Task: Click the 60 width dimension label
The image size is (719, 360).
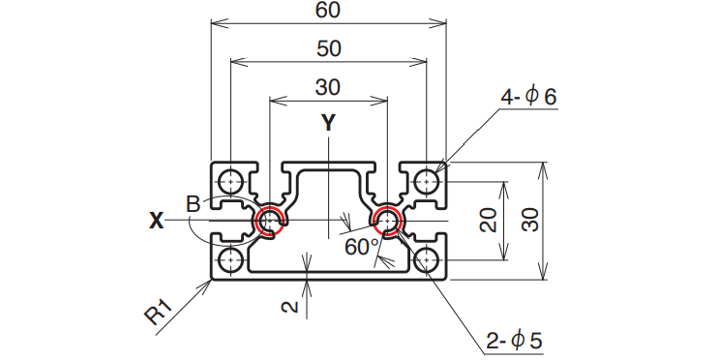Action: click(x=328, y=10)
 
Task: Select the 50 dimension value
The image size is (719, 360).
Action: click(x=329, y=48)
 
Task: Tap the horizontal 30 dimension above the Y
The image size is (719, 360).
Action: click(x=328, y=87)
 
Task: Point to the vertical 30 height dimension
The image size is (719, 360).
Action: click(x=530, y=220)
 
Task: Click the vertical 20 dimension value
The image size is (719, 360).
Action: click(x=488, y=220)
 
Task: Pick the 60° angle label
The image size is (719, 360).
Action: click(x=363, y=247)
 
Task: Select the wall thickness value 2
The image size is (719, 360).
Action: click(x=289, y=307)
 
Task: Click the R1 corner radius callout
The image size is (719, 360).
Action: click(x=159, y=312)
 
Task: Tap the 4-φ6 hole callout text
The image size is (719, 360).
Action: click(x=528, y=97)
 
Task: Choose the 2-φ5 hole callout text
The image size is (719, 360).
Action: click(x=514, y=341)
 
